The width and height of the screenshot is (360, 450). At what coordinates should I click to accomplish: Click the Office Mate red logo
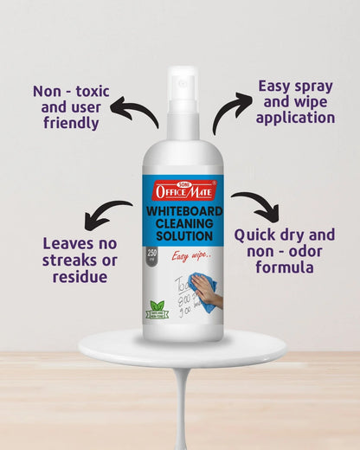coord(182,190)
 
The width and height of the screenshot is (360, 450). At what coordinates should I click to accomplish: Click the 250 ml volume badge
coord(152,256)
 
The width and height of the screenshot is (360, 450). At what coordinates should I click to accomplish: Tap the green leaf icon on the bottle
coord(157,306)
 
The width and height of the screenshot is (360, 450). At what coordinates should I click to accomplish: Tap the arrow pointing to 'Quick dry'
coord(257,205)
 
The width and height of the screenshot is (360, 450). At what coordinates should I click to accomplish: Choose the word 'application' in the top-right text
coord(296,118)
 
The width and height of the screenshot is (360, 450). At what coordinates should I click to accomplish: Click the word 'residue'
coord(79,276)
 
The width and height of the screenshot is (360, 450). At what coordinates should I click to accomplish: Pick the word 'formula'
coord(285,267)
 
